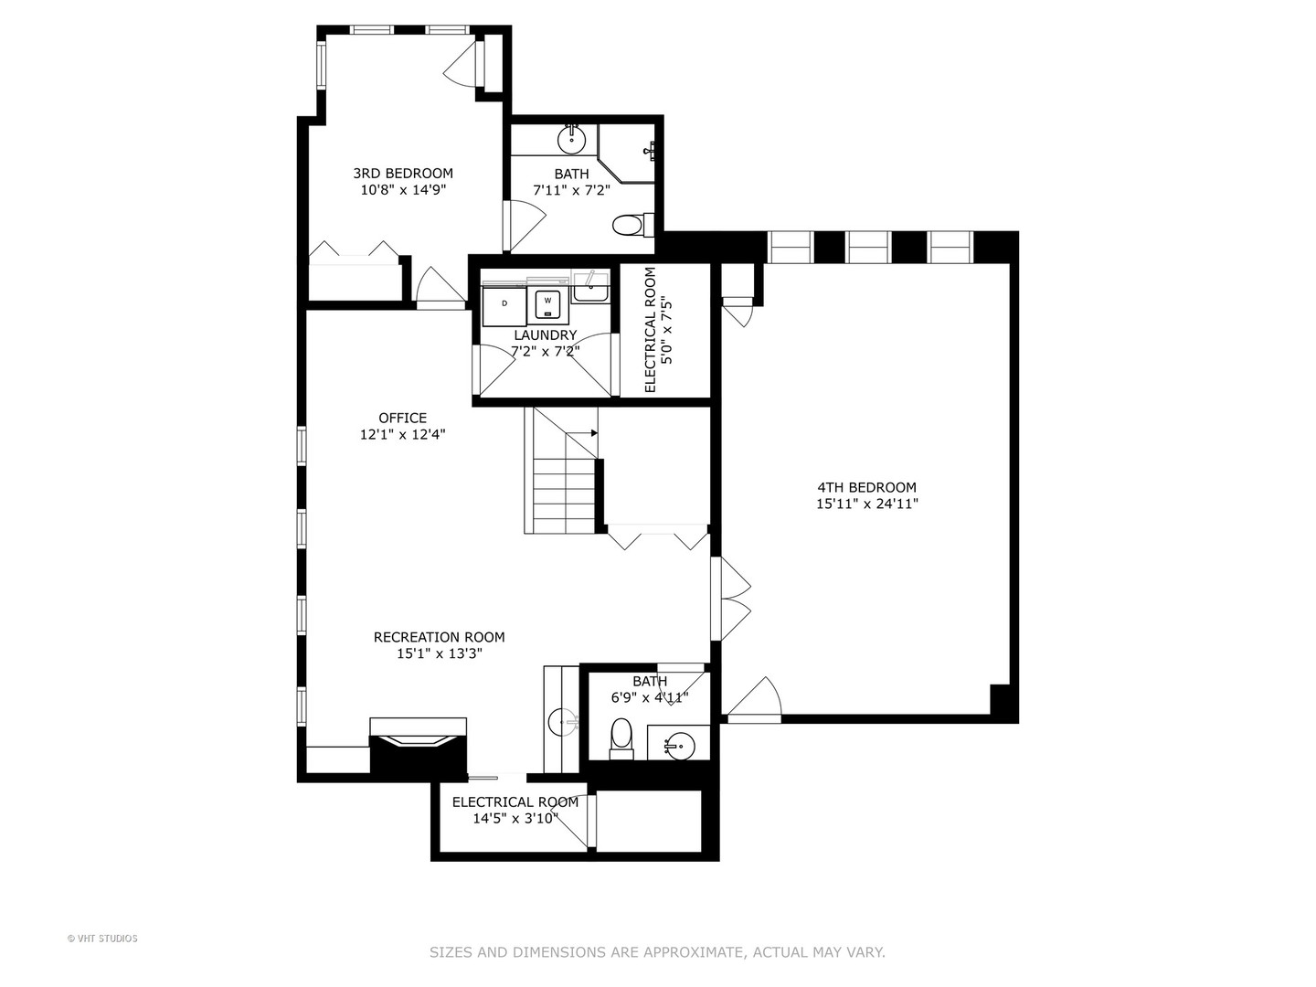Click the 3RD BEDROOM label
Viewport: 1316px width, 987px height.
tap(403, 173)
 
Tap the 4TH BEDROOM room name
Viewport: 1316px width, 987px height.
tap(866, 487)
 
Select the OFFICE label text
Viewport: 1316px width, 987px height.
tap(402, 419)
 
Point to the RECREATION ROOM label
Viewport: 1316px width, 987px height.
tap(439, 637)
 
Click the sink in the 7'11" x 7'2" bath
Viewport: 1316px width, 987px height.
tap(572, 140)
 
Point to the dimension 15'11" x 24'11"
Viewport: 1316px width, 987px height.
tap(866, 504)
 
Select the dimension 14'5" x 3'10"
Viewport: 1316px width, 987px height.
tap(515, 819)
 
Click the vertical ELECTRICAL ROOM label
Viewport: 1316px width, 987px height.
tap(651, 330)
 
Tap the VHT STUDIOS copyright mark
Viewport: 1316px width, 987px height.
tap(102, 939)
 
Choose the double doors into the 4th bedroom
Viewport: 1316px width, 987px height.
tap(731, 599)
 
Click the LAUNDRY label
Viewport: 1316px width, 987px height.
tap(545, 334)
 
